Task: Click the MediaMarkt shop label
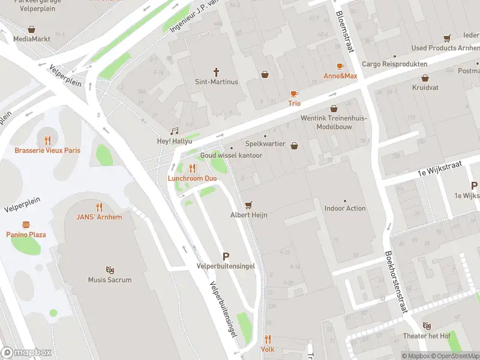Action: click(x=32, y=38)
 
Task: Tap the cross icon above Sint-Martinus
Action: click(x=217, y=71)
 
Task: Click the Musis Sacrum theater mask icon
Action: click(x=110, y=269)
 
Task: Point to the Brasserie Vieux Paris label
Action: click(x=47, y=150)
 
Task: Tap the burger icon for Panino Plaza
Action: click(x=26, y=224)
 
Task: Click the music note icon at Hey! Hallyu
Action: click(x=175, y=131)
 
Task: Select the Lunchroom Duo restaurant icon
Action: click(x=193, y=168)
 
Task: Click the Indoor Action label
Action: click(x=345, y=208)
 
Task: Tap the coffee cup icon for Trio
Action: click(x=294, y=93)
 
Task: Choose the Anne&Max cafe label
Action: click(x=340, y=76)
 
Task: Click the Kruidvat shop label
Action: click(x=425, y=88)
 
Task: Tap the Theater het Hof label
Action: click(x=427, y=336)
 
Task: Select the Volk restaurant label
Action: click(x=268, y=349)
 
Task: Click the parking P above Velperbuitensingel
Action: click(x=226, y=256)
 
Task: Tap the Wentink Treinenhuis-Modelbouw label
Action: click(x=334, y=122)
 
